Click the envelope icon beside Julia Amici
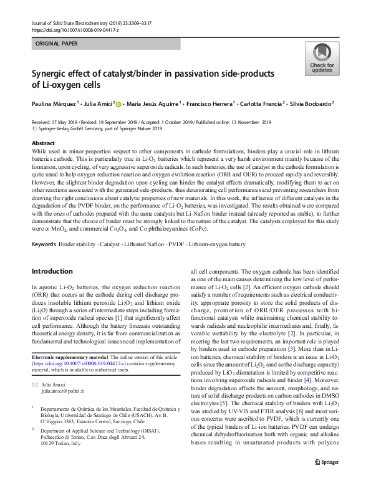(x=36, y=385)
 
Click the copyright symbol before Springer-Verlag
(x=34, y=129)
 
